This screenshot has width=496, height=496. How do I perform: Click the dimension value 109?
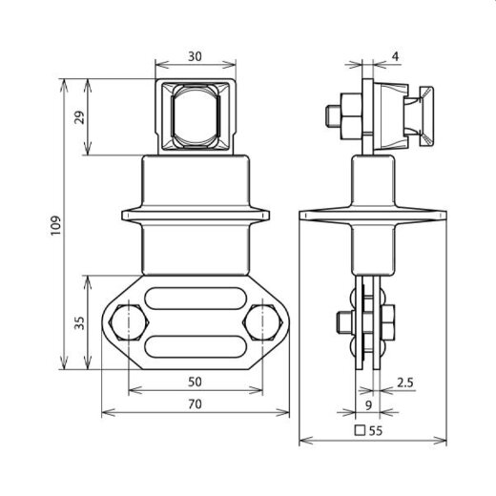click(x=56, y=224)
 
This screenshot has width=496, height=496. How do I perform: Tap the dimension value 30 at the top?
click(x=195, y=56)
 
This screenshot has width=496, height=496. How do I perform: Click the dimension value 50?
click(x=195, y=382)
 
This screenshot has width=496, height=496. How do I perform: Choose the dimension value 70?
click(x=195, y=405)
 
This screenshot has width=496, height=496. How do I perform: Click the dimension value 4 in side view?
click(x=395, y=56)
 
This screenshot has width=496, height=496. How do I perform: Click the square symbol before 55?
click(x=360, y=430)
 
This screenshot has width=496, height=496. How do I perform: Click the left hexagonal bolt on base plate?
click(x=127, y=323)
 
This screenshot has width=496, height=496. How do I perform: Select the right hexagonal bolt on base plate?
click(x=262, y=323)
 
